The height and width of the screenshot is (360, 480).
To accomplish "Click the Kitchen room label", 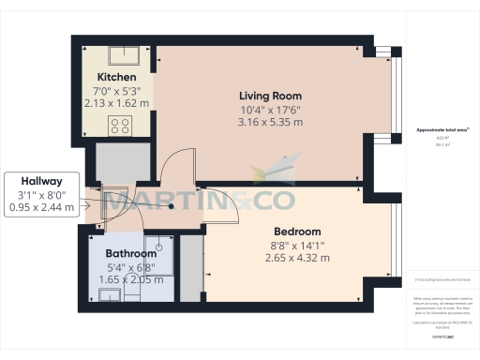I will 117,76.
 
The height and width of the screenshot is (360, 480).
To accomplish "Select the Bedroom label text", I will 297,232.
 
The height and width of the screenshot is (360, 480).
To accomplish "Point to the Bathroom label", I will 130,253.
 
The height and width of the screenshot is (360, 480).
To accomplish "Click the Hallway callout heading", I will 41,181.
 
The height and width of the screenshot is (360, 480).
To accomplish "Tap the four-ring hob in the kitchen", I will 120,126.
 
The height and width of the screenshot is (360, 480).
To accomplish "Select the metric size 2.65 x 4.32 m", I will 297,259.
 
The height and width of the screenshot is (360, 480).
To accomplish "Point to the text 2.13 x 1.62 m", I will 117,103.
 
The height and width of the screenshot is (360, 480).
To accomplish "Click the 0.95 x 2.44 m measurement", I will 41,207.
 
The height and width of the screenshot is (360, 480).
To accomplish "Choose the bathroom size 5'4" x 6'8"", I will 130,266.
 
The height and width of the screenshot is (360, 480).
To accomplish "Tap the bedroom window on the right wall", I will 394,247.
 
